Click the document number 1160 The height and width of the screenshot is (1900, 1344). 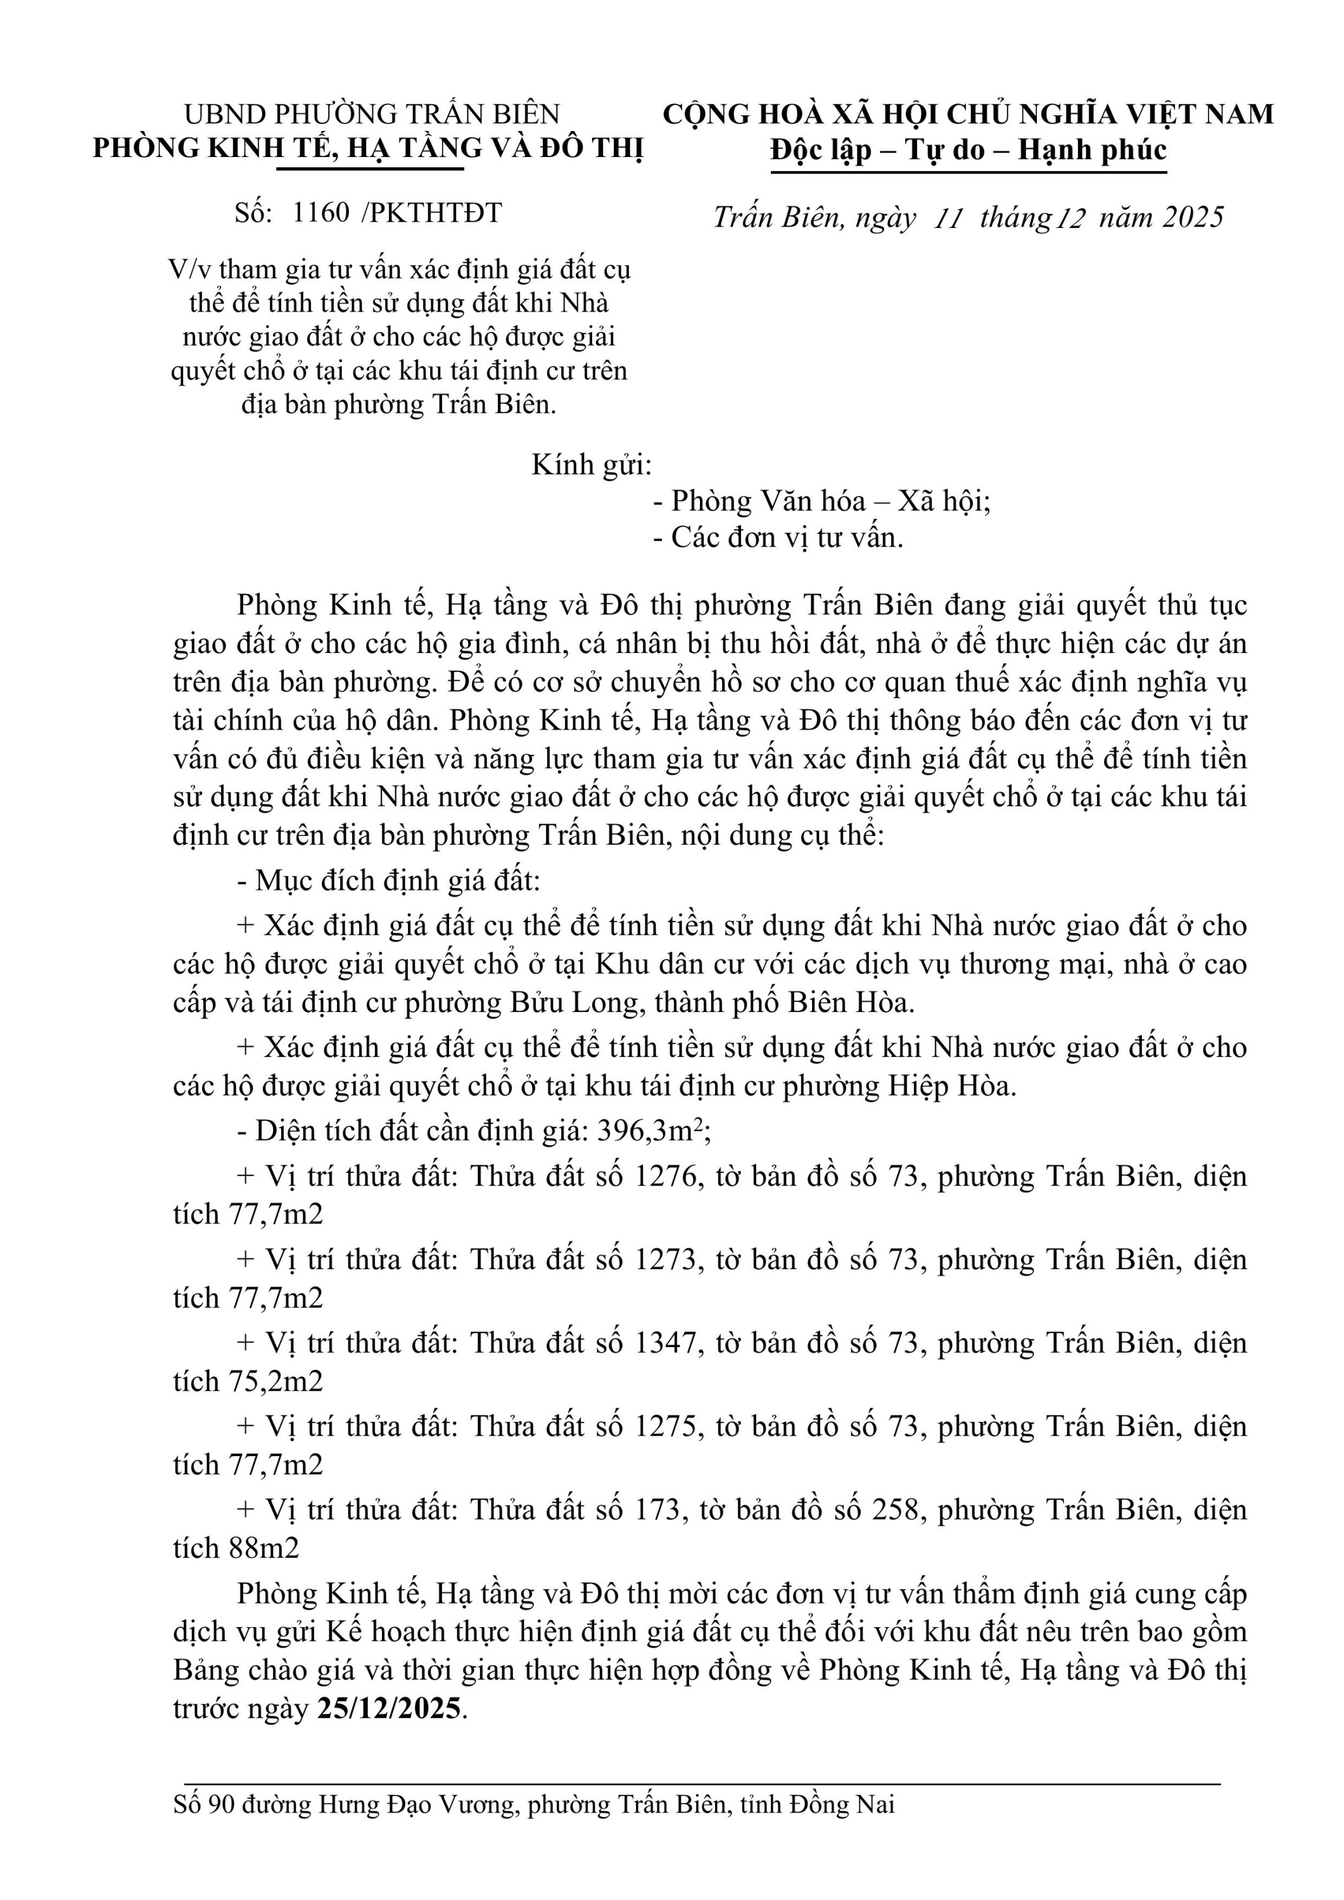point(321,213)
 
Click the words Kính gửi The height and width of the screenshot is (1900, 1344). point(591,465)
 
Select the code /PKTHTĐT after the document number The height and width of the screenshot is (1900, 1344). point(431,213)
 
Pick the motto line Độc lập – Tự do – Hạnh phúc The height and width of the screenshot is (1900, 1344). point(968,149)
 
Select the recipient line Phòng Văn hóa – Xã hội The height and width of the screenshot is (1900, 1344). point(830,502)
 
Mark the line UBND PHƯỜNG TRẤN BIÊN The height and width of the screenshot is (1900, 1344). point(372,113)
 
